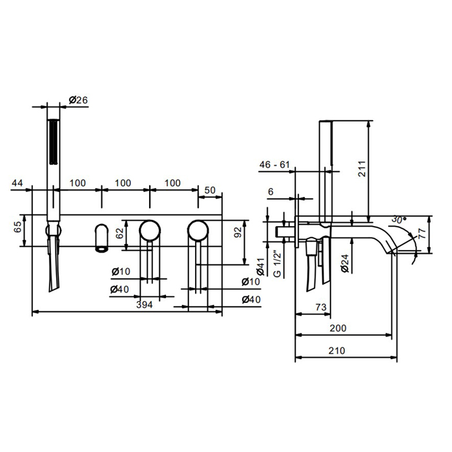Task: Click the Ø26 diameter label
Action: [78, 100]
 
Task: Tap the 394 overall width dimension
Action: [145, 304]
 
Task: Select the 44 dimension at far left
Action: [17, 183]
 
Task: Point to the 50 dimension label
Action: [210, 190]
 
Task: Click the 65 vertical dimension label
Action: [18, 227]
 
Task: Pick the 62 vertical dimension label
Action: [119, 233]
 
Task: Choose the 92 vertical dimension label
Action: [238, 232]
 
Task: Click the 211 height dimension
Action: [362, 169]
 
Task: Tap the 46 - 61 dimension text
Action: [274, 165]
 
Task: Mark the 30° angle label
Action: [398, 220]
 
